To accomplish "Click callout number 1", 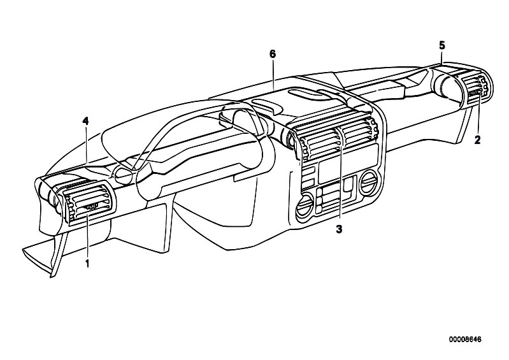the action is click(87, 263).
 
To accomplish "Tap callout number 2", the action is click(477, 140).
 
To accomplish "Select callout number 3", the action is click(339, 229).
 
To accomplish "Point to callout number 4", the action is click(85, 121).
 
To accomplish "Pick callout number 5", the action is click(442, 45).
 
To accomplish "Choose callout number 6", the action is click(273, 54).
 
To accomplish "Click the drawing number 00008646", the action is click(465, 340).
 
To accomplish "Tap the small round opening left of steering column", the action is click(122, 174).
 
